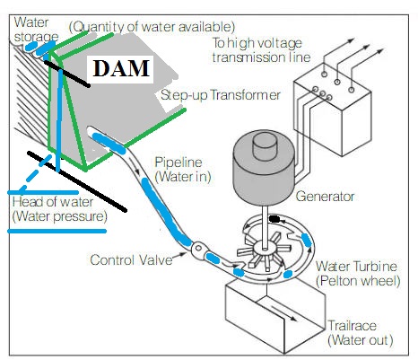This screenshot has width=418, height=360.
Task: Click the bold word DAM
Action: coord(121,68)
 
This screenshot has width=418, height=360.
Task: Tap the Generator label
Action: coord(325,197)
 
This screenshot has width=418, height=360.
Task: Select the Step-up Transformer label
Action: coord(221,95)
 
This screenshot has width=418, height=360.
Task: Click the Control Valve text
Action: coord(131,259)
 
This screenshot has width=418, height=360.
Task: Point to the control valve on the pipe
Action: coord(197,249)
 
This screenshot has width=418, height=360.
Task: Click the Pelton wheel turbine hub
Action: coord(265,248)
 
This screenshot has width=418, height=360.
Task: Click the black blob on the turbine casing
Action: coord(274,219)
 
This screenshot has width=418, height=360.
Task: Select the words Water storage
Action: coord(36,30)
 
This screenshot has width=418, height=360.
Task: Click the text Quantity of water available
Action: coord(152,27)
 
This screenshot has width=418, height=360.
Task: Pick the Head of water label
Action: coord(53,202)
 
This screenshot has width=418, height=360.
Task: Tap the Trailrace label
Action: coord(353,325)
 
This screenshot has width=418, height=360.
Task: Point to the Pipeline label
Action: coord(179,162)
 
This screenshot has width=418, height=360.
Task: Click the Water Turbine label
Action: coord(356,266)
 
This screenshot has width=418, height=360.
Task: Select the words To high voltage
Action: coord(257,43)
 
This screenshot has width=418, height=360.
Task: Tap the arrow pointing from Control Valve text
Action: coord(179,255)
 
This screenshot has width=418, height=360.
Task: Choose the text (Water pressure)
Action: coord(59,216)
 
